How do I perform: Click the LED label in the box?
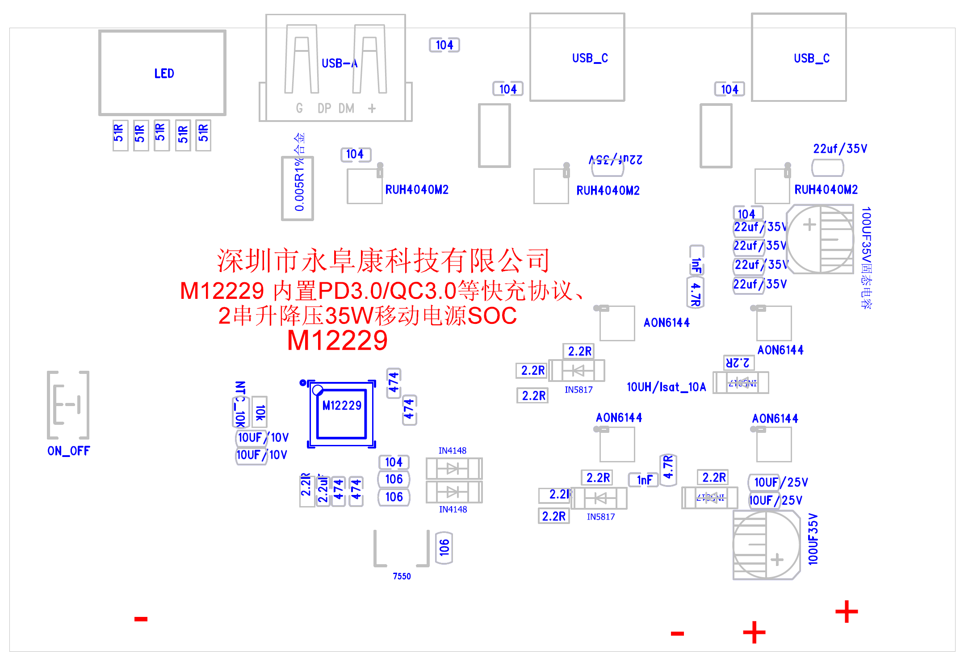click(164, 74)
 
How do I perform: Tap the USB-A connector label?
click(340, 63)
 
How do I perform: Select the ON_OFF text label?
click(69, 451)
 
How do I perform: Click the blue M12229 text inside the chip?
click(342, 406)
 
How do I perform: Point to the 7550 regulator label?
click(402, 576)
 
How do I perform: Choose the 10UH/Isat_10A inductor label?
click(666, 387)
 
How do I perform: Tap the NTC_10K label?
click(240, 404)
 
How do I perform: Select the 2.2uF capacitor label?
click(323, 490)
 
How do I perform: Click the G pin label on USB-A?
click(299, 108)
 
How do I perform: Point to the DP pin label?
click(324, 108)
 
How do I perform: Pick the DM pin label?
click(346, 108)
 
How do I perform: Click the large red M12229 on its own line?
click(337, 340)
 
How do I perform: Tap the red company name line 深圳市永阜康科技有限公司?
click(383, 260)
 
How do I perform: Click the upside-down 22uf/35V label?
click(615, 159)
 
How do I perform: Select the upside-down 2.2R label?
click(738, 362)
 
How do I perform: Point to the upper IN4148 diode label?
click(452, 450)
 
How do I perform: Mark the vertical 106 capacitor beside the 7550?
click(444, 547)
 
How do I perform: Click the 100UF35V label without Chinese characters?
click(813, 539)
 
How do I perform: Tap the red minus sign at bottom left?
click(141, 619)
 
